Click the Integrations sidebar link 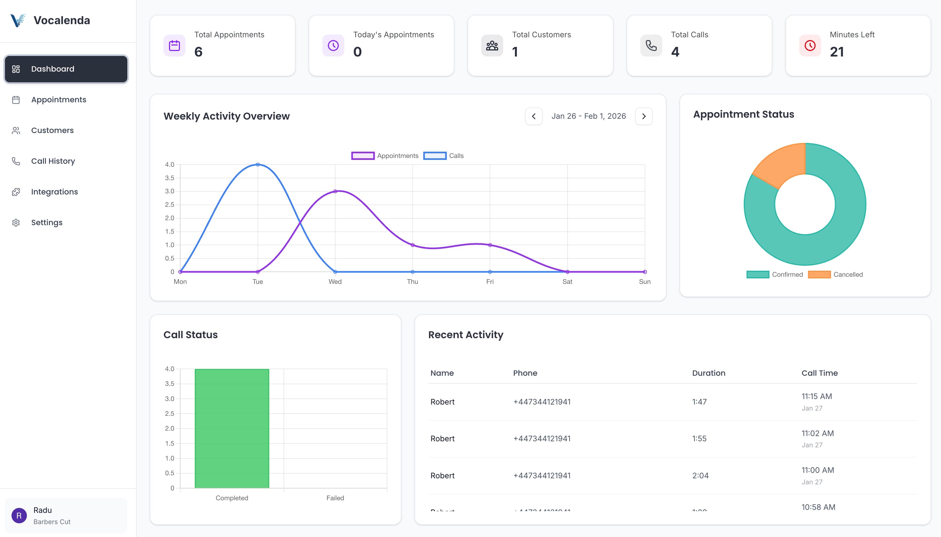[x=54, y=192]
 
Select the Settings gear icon [x=16, y=223]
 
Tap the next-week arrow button [x=644, y=116]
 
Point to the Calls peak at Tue [x=258, y=165]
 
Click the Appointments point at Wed [x=335, y=191]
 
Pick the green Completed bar [x=232, y=428]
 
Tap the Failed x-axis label [x=335, y=498]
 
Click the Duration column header [x=708, y=373]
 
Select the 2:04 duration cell [x=700, y=475]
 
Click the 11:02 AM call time [x=818, y=433]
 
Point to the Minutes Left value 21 [x=836, y=52]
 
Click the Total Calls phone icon [x=651, y=46]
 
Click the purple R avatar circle [x=19, y=516]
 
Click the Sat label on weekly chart [x=567, y=282]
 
